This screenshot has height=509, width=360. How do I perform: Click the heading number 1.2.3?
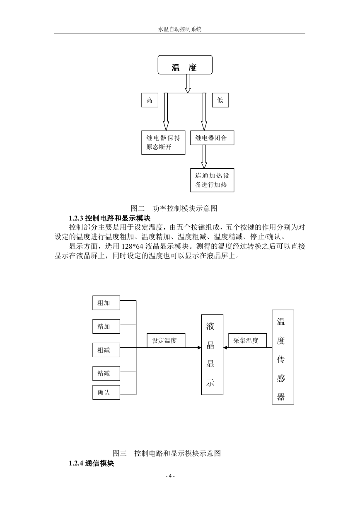coord(76,218)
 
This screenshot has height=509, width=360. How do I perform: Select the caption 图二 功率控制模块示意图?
coord(174,208)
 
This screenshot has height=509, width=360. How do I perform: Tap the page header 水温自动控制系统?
coord(180,29)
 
